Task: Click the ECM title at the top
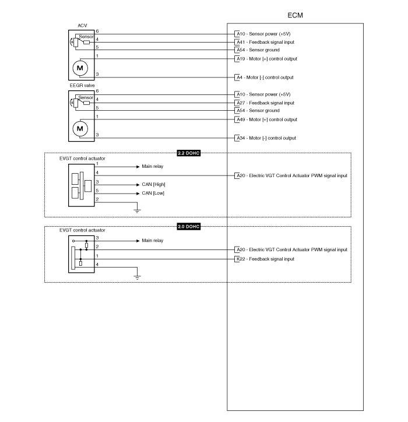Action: click(x=295, y=15)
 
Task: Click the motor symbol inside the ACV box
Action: click(x=80, y=68)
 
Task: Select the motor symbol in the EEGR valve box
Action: click(x=80, y=128)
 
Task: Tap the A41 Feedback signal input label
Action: click(x=265, y=42)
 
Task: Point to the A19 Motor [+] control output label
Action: click(x=267, y=59)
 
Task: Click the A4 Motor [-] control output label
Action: click(x=265, y=78)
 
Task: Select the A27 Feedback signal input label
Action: click(x=265, y=103)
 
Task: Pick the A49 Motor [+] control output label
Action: click(x=267, y=119)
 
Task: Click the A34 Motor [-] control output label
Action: click(x=266, y=138)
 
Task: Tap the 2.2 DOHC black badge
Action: click(x=189, y=153)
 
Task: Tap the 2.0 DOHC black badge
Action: click(x=189, y=227)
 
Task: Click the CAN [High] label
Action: click(x=153, y=184)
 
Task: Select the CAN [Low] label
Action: click(x=153, y=194)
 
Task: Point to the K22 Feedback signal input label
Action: click(x=265, y=259)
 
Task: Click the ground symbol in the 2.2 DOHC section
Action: click(x=137, y=211)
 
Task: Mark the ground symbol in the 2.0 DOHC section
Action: click(x=137, y=277)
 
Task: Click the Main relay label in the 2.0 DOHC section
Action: click(x=153, y=240)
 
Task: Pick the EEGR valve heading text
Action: click(x=82, y=86)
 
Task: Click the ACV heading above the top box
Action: click(x=82, y=26)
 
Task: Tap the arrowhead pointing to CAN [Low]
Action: click(x=138, y=194)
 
